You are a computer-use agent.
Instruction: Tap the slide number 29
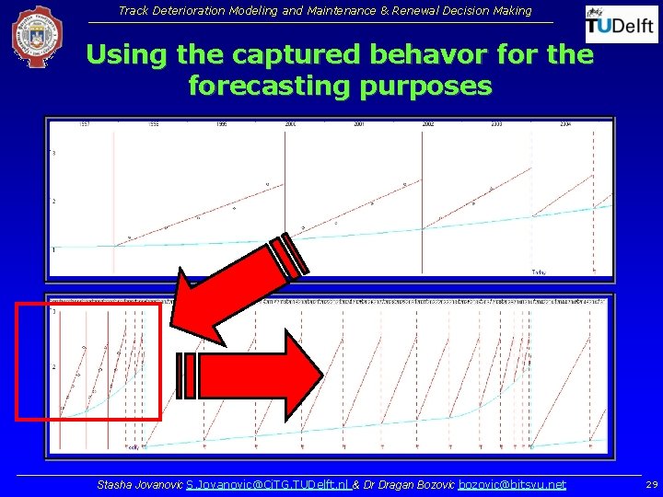point(651,484)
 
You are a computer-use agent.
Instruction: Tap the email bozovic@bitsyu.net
point(512,484)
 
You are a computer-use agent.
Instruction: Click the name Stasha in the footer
point(115,484)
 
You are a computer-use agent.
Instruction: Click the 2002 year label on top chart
point(427,123)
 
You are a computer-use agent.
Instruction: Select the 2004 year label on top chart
point(565,123)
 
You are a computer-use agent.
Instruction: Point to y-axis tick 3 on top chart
point(53,153)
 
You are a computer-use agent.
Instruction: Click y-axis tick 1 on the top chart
point(53,249)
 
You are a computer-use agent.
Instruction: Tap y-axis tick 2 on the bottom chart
point(53,367)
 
